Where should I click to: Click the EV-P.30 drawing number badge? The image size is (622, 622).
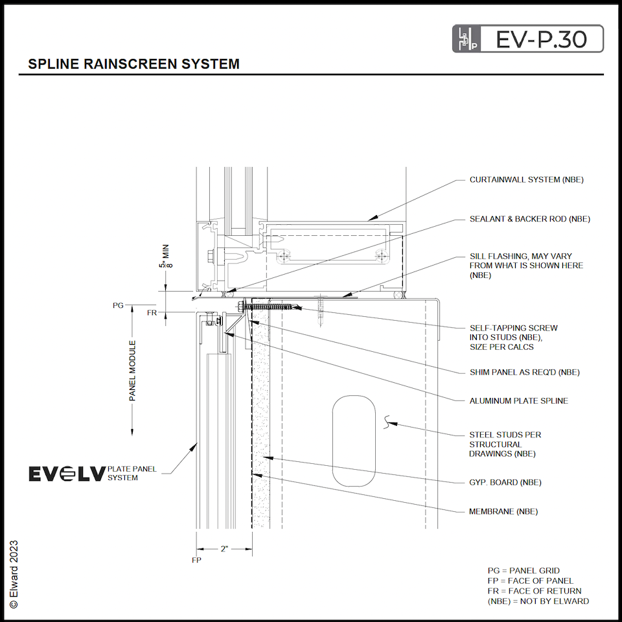(x=527, y=39)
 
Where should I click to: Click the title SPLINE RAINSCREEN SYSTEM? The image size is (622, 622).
(x=134, y=64)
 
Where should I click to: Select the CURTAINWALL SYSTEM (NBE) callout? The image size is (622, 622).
(x=526, y=179)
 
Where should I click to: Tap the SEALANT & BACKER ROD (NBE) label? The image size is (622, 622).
(x=529, y=219)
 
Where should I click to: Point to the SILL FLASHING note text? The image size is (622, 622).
(x=526, y=266)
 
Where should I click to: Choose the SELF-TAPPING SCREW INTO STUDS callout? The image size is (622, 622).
(x=513, y=338)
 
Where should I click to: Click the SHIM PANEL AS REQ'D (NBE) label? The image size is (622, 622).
(x=524, y=372)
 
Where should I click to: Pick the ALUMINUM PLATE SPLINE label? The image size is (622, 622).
(x=518, y=401)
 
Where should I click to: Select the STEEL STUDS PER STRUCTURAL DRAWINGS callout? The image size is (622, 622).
(x=505, y=444)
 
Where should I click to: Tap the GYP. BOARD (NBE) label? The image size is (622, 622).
(x=505, y=482)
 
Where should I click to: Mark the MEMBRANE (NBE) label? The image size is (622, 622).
(x=503, y=512)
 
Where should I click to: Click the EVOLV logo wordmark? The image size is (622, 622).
(x=67, y=474)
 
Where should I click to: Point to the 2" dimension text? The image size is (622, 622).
(x=224, y=549)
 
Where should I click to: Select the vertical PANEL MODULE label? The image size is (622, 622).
(x=133, y=371)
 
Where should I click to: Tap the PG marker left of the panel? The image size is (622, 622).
(x=118, y=304)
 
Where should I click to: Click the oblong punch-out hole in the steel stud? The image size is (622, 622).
(x=353, y=441)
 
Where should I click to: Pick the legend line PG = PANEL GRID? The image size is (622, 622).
(x=524, y=571)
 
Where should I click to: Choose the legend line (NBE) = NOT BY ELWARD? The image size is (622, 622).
(x=538, y=601)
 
